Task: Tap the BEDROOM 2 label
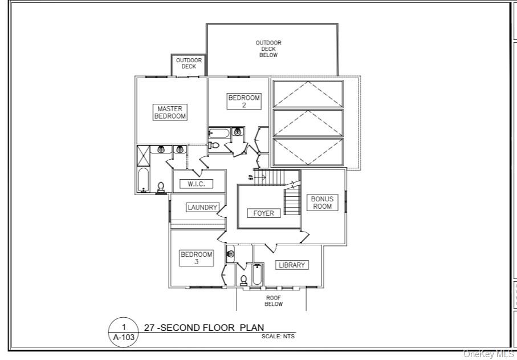[244, 101]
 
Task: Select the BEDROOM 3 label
[197, 258]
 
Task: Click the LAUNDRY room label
[202, 208]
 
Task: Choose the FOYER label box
[264, 213]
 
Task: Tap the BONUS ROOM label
[322, 203]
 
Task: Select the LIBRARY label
[292, 265]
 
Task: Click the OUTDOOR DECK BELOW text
[268, 48]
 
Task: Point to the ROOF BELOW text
[274, 301]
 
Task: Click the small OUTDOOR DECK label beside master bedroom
[189, 63]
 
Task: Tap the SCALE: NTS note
[278, 337]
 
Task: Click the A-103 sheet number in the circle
[124, 338]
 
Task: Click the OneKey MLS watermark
[488, 354]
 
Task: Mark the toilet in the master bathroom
[161, 187]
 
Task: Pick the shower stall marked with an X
[143, 156]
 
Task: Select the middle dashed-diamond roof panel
[308, 123]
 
